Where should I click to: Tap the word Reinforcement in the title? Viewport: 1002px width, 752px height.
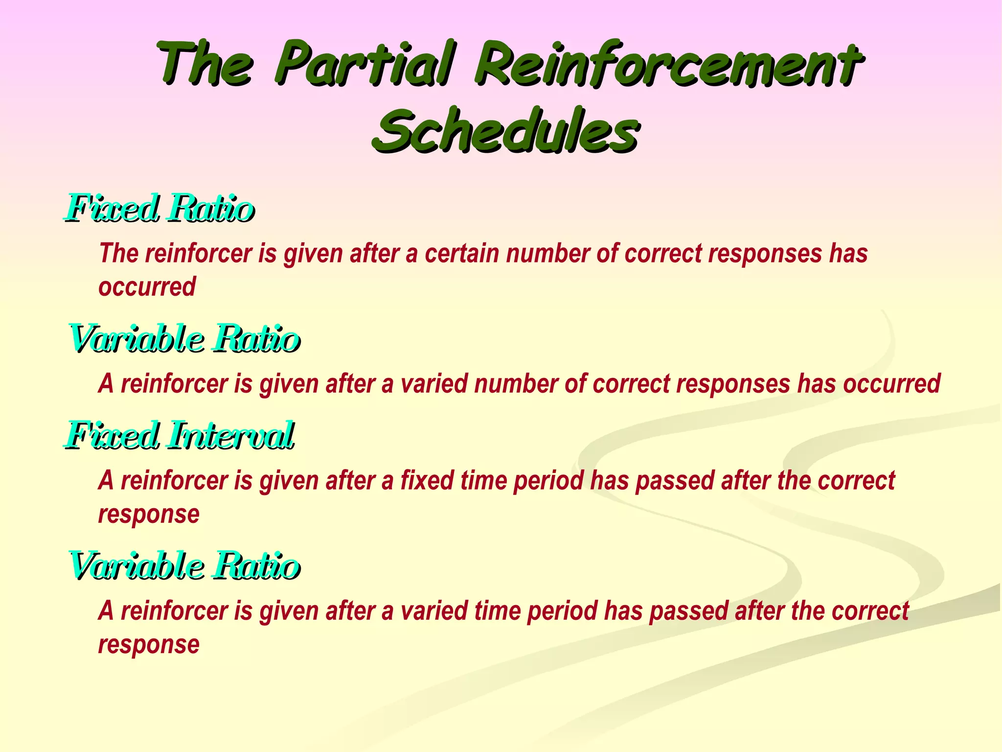click(x=666, y=64)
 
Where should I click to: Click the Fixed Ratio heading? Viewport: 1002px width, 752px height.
click(x=159, y=208)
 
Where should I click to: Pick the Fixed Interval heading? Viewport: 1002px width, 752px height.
click(x=180, y=435)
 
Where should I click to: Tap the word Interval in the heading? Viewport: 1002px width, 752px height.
click(x=230, y=435)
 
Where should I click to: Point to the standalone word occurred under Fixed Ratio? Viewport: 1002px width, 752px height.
click(x=147, y=287)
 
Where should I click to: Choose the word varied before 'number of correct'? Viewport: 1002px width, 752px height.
click(x=433, y=384)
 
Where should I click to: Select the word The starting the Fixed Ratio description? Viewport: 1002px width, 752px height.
click(x=119, y=254)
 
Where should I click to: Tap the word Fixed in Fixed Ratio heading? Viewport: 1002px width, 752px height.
click(x=113, y=208)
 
